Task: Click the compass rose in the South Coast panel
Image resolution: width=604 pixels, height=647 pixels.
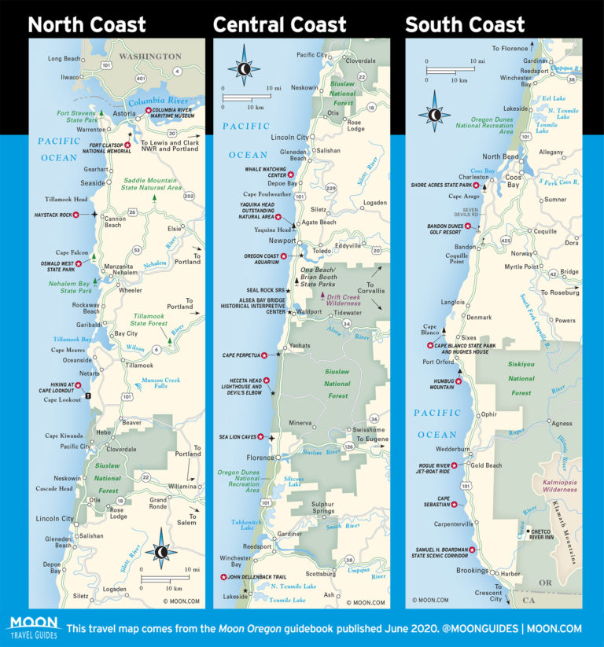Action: click(x=434, y=114)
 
